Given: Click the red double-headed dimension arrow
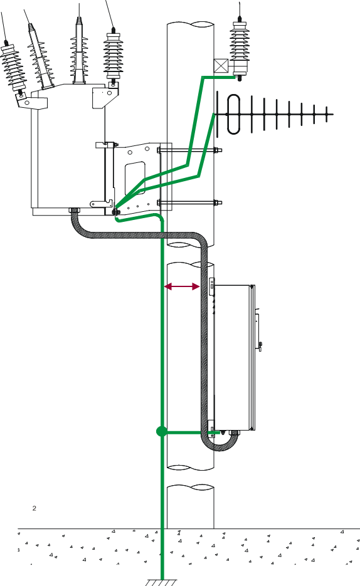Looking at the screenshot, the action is [182, 286].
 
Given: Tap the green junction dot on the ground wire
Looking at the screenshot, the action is [161, 432].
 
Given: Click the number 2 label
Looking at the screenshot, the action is [34, 508].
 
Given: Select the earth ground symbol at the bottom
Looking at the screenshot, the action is [162, 582].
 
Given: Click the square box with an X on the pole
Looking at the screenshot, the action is [221, 66].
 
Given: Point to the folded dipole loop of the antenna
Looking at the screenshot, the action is [233, 114].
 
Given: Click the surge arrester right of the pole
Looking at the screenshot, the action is [239, 49].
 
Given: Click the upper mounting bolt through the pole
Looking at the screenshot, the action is [189, 150].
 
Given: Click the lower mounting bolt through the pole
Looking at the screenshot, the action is [189, 203].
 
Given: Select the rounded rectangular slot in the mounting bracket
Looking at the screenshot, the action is [135, 178].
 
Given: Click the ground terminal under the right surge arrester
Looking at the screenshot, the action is [239, 77].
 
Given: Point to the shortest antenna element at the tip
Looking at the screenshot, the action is [327, 114].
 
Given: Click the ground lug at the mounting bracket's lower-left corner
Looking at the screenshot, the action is [116, 212].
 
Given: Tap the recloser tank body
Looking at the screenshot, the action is [68, 150].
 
